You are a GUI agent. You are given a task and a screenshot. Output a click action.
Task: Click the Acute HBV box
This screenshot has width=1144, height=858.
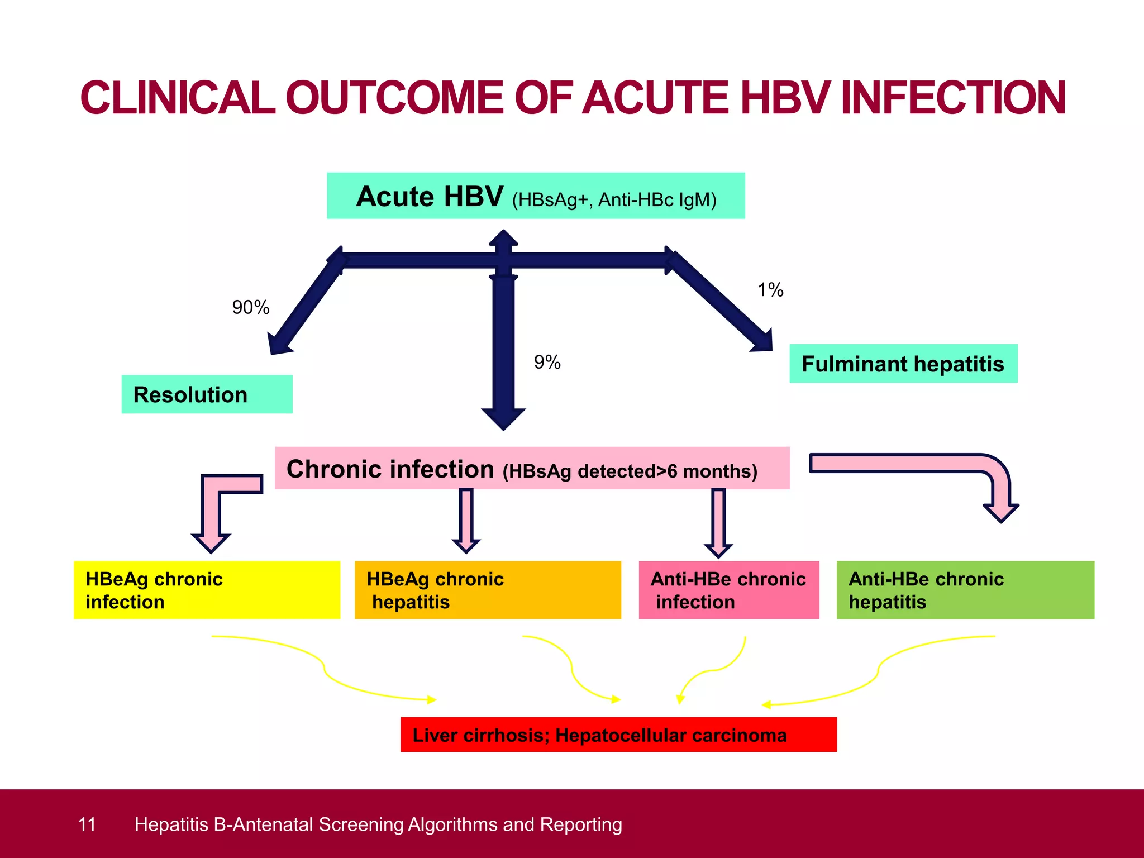tap(535, 196)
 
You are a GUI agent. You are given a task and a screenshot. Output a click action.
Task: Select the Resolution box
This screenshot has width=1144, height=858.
tap(207, 394)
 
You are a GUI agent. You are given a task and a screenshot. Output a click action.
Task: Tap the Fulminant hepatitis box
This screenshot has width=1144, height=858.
tap(903, 364)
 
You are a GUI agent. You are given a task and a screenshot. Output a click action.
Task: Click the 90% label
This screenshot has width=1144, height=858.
tap(250, 307)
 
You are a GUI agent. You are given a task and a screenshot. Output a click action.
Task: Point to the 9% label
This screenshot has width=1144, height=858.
tap(547, 362)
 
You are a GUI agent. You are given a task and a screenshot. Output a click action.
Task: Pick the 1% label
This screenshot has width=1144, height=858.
tap(770, 290)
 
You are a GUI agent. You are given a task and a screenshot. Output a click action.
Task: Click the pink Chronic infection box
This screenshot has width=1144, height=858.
tap(532, 468)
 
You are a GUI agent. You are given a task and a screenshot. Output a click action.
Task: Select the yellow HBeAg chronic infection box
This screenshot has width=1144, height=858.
tap(207, 590)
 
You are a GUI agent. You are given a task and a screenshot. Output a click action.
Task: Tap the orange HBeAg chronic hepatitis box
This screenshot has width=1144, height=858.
tap(488, 590)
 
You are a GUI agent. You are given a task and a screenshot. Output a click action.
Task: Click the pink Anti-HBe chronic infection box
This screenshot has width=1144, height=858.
tap(728, 590)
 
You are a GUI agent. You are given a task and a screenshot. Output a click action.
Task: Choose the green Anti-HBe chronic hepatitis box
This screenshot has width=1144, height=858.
tap(965, 590)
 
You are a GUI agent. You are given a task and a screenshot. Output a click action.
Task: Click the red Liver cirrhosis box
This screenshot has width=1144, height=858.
tap(618, 735)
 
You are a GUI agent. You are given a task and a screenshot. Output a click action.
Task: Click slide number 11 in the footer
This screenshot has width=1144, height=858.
tap(87, 824)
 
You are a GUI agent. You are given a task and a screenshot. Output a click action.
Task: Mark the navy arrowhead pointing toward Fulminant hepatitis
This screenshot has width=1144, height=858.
tap(762, 341)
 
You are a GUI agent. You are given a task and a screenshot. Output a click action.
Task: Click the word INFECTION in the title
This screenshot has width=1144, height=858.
tap(953, 98)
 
